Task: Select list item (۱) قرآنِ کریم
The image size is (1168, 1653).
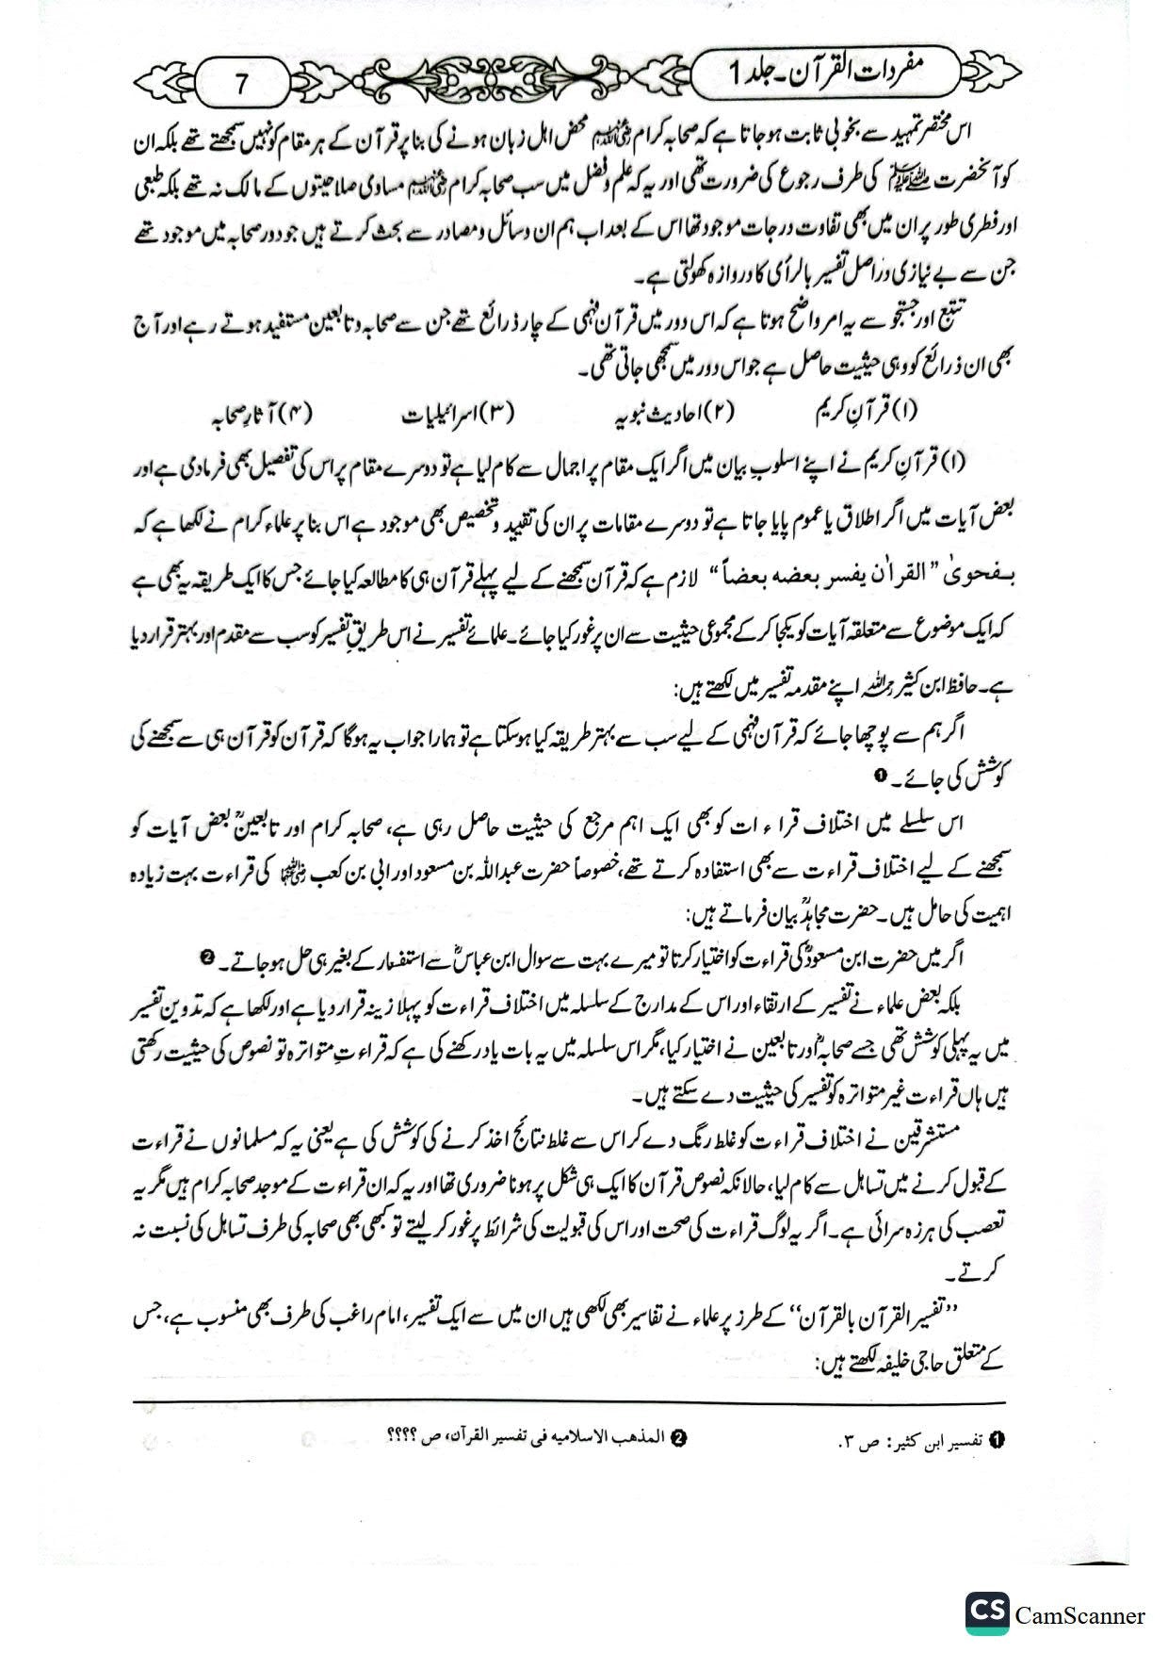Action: coord(866,413)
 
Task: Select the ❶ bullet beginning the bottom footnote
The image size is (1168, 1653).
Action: coord(998,1439)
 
